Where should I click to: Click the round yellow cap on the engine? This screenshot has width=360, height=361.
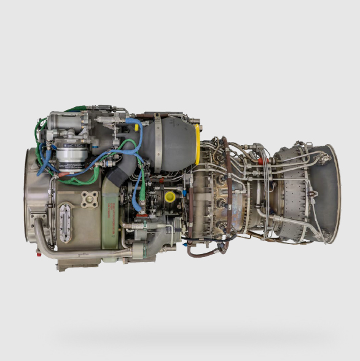170,197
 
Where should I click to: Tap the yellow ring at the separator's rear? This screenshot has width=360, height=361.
197,145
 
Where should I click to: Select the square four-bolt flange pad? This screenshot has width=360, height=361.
90,199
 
